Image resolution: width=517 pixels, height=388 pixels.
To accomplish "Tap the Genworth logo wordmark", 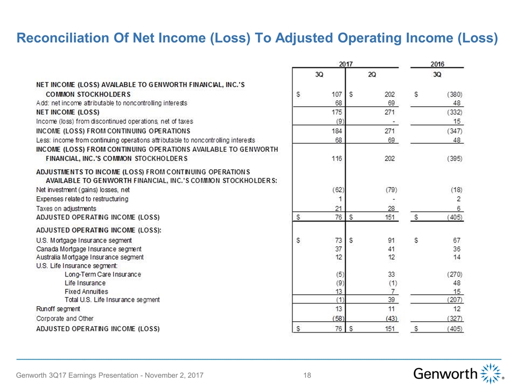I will [445, 374].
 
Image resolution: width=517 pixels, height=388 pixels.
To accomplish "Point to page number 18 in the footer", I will [308, 375].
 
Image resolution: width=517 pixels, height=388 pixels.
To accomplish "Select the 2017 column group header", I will [345, 64].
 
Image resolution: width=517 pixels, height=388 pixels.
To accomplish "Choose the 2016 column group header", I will [437, 64].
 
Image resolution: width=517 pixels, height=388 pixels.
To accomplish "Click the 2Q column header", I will [372, 74].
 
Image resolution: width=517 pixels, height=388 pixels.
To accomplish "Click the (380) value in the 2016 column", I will [455, 94].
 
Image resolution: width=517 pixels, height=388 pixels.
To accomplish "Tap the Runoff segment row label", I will [58, 309].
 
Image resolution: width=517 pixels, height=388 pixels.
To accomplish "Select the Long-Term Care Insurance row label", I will [102, 274].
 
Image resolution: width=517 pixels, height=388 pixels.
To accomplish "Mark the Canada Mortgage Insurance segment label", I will [89, 249].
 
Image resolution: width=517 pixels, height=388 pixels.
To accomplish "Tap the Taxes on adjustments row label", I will [66, 208].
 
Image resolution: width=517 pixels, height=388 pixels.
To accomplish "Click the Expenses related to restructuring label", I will [82, 199].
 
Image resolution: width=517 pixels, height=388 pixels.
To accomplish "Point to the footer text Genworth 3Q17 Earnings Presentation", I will [110, 375].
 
